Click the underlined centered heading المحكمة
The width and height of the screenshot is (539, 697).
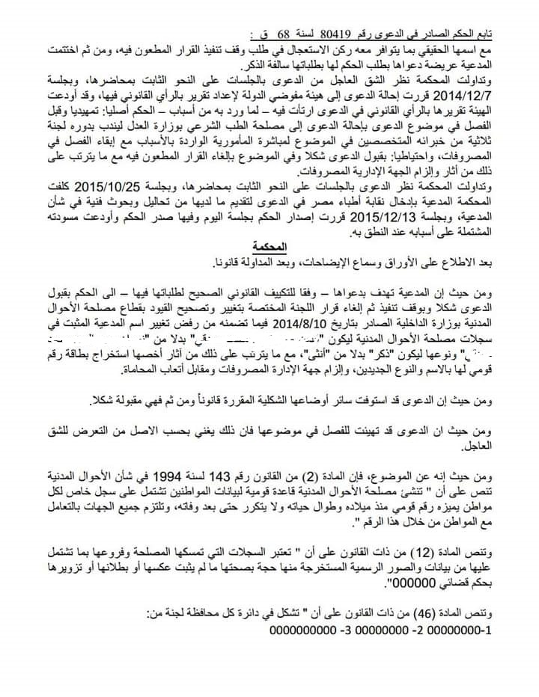(x=269, y=247)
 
